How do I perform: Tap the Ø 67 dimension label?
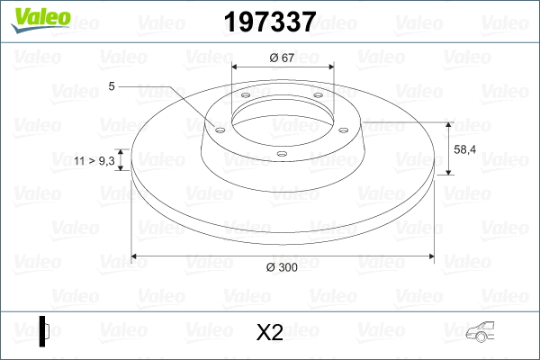tap(283, 58)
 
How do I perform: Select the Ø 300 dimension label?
tap(283, 266)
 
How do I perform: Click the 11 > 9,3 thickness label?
tap(94, 160)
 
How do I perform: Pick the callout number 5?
tap(111, 86)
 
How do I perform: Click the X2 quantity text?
tap(270, 332)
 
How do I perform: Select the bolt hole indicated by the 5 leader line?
tap(219, 128)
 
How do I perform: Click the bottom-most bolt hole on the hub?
tap(281, 154)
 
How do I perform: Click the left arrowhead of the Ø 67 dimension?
tap(237, 68)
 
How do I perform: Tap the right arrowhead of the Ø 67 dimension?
tap(329, 68)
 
